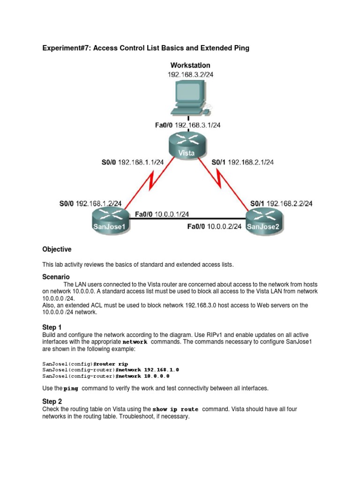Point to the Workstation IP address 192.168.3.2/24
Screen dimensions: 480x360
pyautogui.click(x=190, y=75)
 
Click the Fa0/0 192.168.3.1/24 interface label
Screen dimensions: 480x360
pyautogui.click(x=188, y=125)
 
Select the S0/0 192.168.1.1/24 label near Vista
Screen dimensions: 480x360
pyautogui.click(x=133, y=162)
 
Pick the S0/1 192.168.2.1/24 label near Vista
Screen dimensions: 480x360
pyautogui.click(x=243, y=162)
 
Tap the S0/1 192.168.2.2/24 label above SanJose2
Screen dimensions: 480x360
pyautogui.click(x=281, y=203)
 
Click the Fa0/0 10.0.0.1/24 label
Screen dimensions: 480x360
pyautogui.click(x=162, y=214)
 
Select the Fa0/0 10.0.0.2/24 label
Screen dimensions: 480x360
pyautogui.click(x=214, y=226)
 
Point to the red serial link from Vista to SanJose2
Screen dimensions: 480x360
pyautogui.click(x=226, y=182)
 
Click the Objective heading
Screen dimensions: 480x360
pyautogui.click(x=57, y=249)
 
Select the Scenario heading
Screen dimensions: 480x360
pyautogui.click(x=56, y=277)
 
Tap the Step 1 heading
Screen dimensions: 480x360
pyautogui.click(x=52, y=327)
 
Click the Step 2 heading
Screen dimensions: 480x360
pyautogui.click(x=52, y=401)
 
